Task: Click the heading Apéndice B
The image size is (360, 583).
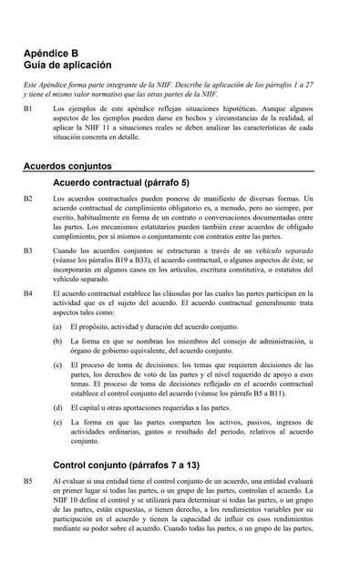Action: [x=57, y=54]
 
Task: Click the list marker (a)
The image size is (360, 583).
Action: [x=57, y=325]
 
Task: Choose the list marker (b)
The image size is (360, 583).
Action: [x=57, y=341]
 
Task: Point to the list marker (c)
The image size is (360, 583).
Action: [x=57, y=365]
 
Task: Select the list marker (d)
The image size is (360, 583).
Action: [x=57, y=408]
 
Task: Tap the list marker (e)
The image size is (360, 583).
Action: [x=57, y=424]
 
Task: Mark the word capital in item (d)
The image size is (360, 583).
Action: [x=97, y=408]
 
